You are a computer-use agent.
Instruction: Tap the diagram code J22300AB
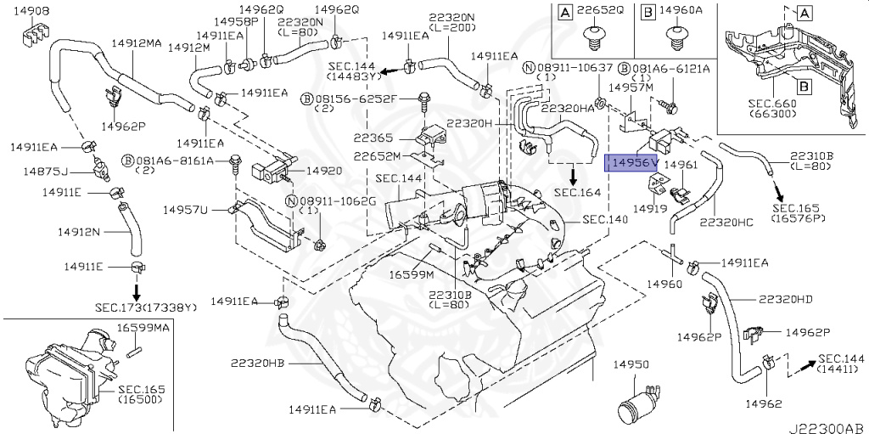pos(829,426)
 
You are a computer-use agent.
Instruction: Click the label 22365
pos(373,137)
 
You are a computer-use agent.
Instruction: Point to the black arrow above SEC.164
pos(574,176)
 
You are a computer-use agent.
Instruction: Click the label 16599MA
pos(143,327)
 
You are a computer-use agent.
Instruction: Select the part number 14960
pos(664,282)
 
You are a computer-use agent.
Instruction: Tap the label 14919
pos(650,207)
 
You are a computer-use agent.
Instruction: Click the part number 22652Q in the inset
pos(602,12)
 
